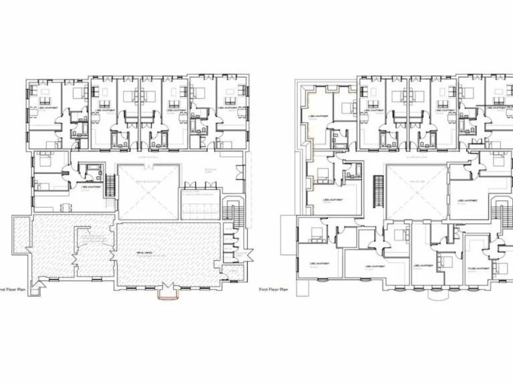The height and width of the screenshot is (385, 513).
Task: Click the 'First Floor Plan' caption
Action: pos(274,290)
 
